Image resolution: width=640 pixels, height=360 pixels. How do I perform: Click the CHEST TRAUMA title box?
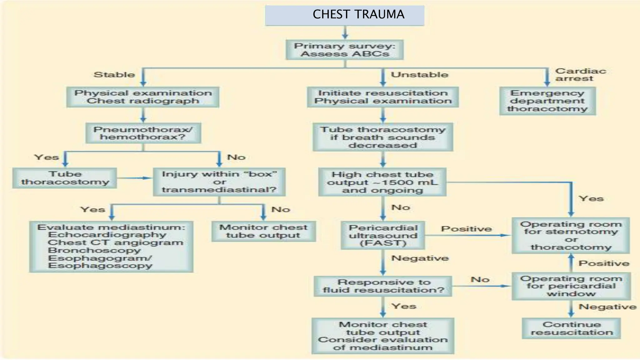344,15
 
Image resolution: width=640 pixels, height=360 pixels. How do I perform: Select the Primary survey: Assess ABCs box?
344,50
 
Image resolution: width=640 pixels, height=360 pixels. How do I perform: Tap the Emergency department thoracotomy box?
547,101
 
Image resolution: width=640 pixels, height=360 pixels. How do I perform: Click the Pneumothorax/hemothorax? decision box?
143,133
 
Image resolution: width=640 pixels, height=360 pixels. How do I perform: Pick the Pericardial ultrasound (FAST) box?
383,235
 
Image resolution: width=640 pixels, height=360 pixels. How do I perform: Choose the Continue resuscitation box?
571,328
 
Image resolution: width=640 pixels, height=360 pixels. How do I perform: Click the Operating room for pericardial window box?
571,286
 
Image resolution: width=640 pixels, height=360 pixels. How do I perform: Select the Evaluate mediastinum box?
111,247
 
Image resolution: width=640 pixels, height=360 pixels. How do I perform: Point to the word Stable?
114,75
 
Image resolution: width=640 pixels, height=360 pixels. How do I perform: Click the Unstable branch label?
419,75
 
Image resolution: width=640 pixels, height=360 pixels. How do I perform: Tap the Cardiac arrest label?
580,75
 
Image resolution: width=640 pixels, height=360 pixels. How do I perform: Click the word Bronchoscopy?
94,250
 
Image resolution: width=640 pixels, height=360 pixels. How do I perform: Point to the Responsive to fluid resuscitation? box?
383,286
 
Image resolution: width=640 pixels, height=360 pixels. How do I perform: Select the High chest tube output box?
382,182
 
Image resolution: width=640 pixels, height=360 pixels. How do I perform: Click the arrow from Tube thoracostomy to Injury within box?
134,178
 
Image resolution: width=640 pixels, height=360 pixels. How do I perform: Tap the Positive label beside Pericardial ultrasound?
466,229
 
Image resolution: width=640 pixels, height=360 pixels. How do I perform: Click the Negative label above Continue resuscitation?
607,307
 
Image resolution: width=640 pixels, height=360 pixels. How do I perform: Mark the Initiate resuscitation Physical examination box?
383,97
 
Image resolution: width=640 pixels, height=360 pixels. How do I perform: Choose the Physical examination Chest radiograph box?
143,97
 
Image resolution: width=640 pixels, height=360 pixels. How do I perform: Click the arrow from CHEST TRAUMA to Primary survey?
345,32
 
